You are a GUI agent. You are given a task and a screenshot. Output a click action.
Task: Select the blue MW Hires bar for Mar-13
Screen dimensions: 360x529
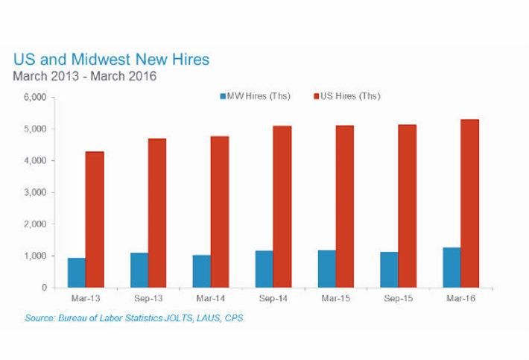pyautogui.click(x=77, y=273)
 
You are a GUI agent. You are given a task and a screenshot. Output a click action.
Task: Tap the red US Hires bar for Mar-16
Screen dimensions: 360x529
pyautogui.click(x=469, y=203)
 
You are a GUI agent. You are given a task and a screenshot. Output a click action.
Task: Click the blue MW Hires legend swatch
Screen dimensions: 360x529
pyautogui.click(x=224, y=97)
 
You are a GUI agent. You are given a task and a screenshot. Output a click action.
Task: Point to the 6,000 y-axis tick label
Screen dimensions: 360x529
pyautogui.click(x=37, y=98)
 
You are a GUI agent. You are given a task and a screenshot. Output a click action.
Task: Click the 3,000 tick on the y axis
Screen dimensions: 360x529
pyautogui.click(x=37, y=192)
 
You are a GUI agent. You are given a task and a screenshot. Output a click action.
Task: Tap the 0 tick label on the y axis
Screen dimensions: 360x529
pyautogui.click(x=44, y=288)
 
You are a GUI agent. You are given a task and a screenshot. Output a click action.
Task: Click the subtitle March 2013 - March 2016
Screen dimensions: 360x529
pyautogui.click(x=85, y=77)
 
